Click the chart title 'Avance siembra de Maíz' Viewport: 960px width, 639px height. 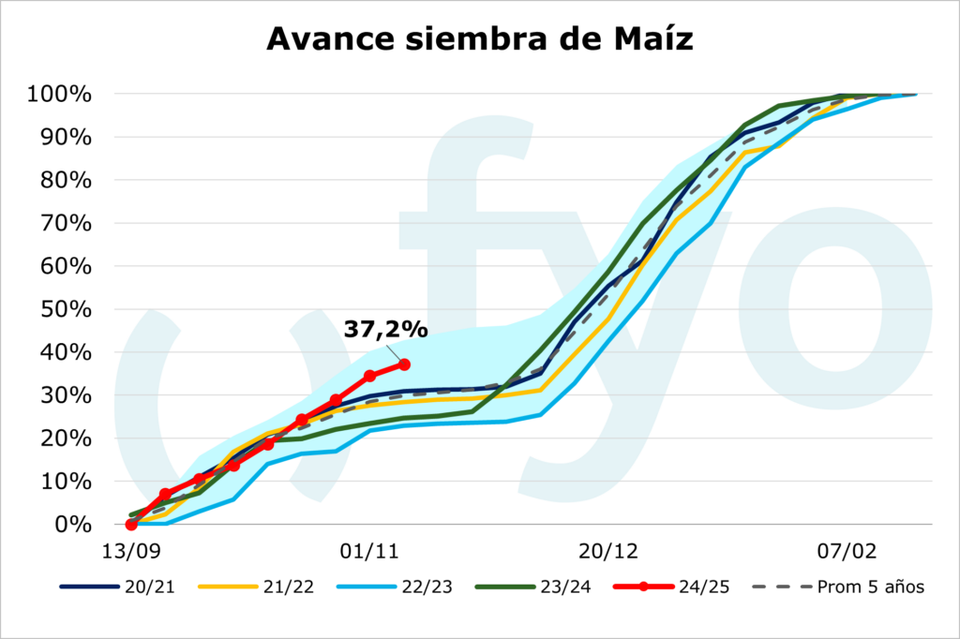(x=480, y=38)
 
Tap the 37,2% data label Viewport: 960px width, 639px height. (x=385, y=330)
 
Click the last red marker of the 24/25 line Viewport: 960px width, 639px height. (x=404, y=364)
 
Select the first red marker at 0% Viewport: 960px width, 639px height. (x=131, y=525)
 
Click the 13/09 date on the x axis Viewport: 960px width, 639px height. (x=131, y=548)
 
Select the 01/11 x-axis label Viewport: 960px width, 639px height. (x=368, y=548)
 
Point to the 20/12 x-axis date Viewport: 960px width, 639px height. (x=607, y=548)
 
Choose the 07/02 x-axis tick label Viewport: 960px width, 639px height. (x=847, y=548)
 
